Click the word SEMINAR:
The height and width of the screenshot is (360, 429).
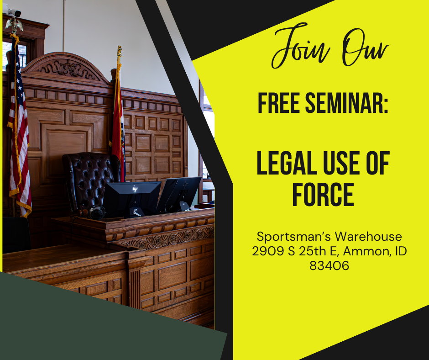click(x=349, y=103)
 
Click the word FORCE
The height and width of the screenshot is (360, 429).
click(x=323, y=195)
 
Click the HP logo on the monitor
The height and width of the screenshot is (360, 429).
click(x=135, y=189)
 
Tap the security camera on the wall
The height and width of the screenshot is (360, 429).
click(x=14, y=12)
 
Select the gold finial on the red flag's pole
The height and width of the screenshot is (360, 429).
click(x=119, y=50)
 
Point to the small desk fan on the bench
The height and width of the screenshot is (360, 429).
click(x=97, y=212)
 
